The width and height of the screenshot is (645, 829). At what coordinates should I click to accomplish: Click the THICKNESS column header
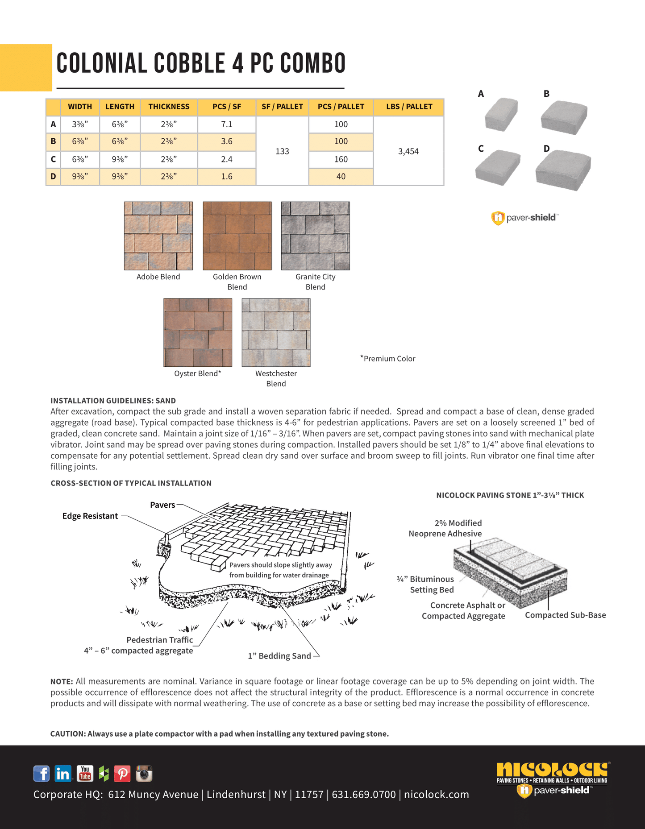169,107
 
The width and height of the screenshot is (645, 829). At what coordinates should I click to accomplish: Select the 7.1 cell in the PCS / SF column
227,124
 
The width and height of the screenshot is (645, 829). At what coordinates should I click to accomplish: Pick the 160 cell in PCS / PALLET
341,159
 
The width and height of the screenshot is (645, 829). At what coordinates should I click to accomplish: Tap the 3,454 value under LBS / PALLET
408,151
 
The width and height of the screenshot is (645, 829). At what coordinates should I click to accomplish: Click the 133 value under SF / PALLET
282,151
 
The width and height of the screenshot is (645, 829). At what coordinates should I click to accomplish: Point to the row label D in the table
53,177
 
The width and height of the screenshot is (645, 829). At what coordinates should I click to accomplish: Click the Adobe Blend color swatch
158,236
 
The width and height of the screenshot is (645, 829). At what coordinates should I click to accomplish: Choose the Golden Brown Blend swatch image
237,236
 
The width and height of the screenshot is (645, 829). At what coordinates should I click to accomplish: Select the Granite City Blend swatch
316,236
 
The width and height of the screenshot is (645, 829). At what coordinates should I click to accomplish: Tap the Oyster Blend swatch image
198,332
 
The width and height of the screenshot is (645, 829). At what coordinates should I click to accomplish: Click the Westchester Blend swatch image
276,332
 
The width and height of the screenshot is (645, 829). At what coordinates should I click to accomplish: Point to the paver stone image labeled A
501,114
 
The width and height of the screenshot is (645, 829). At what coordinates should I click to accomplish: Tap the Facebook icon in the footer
42,773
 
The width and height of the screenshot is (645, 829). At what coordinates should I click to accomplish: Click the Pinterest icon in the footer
122,773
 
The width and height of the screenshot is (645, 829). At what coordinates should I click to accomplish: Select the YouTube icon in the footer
85,773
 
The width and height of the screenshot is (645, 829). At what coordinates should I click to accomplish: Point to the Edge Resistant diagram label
90,516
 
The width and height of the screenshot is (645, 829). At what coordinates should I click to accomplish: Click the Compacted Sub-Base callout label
565,615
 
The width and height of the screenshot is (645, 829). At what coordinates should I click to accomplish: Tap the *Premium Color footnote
388,358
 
